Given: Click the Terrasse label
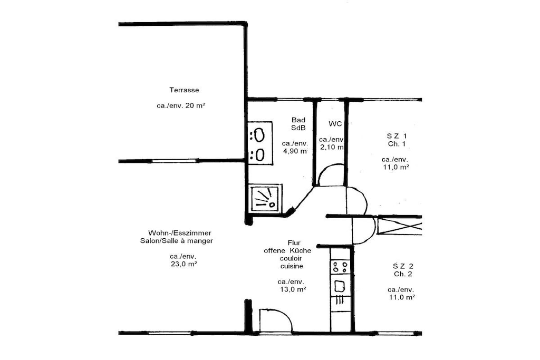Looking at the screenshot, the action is pyautogui.click(x=184, y=90).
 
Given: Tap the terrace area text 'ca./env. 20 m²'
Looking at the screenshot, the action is pyautogui.click(x=181, y=105).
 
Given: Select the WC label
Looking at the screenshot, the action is pyautogui.click(x=335, y=123).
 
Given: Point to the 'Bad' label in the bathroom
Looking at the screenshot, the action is pyautogui.click(x=298, y=120).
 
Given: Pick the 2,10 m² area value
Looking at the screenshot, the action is pyautogui.click(x=332, y=147).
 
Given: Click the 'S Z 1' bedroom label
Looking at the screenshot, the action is pyautogui.click(x=397, y=136).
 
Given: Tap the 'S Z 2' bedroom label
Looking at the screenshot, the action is pyautogui.click(x=403, y=266).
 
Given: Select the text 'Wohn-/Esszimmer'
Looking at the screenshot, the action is pyautogui.click(x=179, y=233).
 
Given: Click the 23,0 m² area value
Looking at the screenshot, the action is pyautogui.click(x=184, y=264).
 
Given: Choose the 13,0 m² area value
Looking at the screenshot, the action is pyautogui.click(x=292, y=289).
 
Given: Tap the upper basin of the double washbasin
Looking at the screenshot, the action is pyautogui.click(x=259, y=135).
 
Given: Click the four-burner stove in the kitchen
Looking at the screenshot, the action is pyautogui.click(x=340, y=267).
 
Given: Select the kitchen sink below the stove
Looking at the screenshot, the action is pyautogui.click(x=340, y=285).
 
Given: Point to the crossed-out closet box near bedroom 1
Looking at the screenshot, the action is pyautogui.click(x=400, y=226).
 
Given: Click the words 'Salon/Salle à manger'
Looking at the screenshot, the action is pyautogui.click(x=176, y=241).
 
